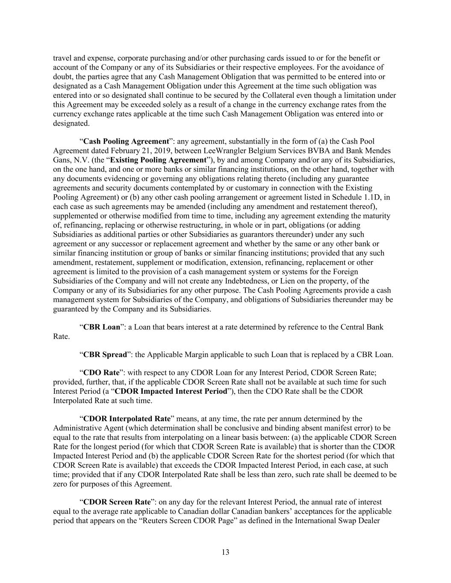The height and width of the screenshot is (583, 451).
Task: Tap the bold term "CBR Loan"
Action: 102,327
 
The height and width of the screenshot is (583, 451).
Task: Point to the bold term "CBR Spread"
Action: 105,354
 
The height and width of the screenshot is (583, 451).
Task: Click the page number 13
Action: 226,552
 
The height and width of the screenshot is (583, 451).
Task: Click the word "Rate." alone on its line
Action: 61,337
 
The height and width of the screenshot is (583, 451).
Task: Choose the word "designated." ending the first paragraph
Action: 71,123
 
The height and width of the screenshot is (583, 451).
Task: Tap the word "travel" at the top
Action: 62,58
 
